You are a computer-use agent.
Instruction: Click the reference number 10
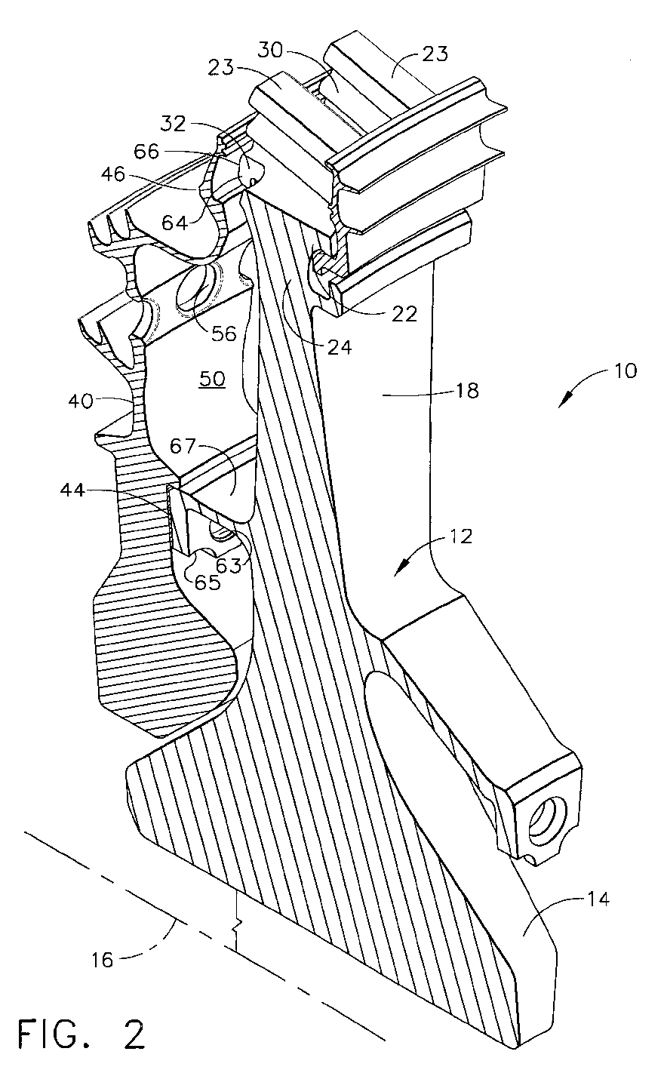tap(625, 370)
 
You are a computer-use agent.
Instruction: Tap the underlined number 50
tap(212, 379)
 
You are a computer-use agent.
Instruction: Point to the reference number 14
tap(597, 899)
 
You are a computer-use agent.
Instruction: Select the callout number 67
tap(183, 447)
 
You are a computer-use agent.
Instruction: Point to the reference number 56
tap(224, 333)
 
